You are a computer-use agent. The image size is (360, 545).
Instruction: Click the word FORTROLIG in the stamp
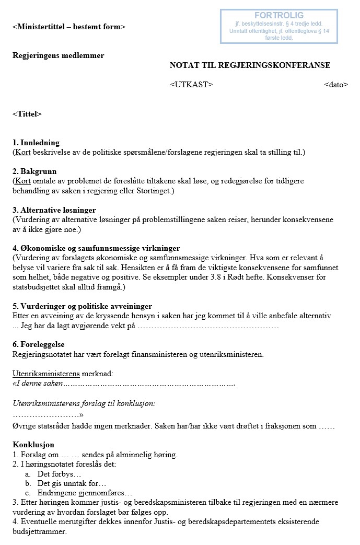click(278, 16)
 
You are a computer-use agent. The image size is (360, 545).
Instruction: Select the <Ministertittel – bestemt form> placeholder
click(69, 27)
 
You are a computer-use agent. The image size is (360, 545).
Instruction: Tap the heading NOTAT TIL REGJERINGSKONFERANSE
click(250, 65)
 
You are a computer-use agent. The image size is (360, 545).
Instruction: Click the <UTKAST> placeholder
click(191, 85)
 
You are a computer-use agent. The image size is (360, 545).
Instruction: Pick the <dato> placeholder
click(335, 85)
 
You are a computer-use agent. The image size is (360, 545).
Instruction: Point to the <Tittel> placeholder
click(27, 114)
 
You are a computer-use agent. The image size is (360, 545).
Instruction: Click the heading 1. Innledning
click(36, 143)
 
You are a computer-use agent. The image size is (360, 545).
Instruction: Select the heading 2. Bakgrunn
click(34, 171)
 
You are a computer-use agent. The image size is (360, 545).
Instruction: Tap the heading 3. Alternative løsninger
click(54, 210)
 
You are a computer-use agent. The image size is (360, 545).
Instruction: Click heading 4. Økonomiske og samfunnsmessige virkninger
click(96, 248)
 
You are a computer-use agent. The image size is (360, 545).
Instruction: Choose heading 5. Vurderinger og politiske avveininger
click(83, 306)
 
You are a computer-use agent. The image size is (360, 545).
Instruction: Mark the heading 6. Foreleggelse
click(39, 344)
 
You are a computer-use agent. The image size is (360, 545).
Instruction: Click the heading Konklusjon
click(33, 445)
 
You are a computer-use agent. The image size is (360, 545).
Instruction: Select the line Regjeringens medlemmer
click(59, 56)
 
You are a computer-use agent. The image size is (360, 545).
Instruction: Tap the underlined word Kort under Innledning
click(23, 152)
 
